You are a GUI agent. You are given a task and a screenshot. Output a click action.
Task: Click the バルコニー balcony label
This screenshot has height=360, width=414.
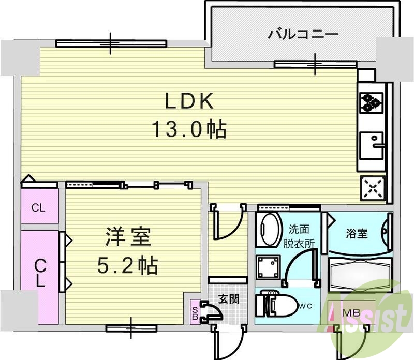click(303, 35)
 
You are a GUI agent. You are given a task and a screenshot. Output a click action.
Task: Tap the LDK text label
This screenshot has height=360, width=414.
click(189, 102)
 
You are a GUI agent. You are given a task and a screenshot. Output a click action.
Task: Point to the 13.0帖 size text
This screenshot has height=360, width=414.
click(189, 129)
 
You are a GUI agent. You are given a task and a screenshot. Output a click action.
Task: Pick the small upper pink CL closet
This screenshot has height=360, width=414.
click(39, 208)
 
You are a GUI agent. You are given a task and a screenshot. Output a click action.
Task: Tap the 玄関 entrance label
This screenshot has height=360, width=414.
click(228, 299)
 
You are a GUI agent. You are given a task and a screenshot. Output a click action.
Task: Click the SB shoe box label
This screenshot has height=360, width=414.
click(195, 312)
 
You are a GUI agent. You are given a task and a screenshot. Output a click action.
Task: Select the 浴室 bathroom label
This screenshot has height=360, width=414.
click(357, 233)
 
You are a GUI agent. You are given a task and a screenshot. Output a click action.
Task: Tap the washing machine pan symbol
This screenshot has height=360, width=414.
click(269, 267)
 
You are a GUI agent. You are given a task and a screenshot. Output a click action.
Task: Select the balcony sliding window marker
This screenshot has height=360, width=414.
click(315, 64)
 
